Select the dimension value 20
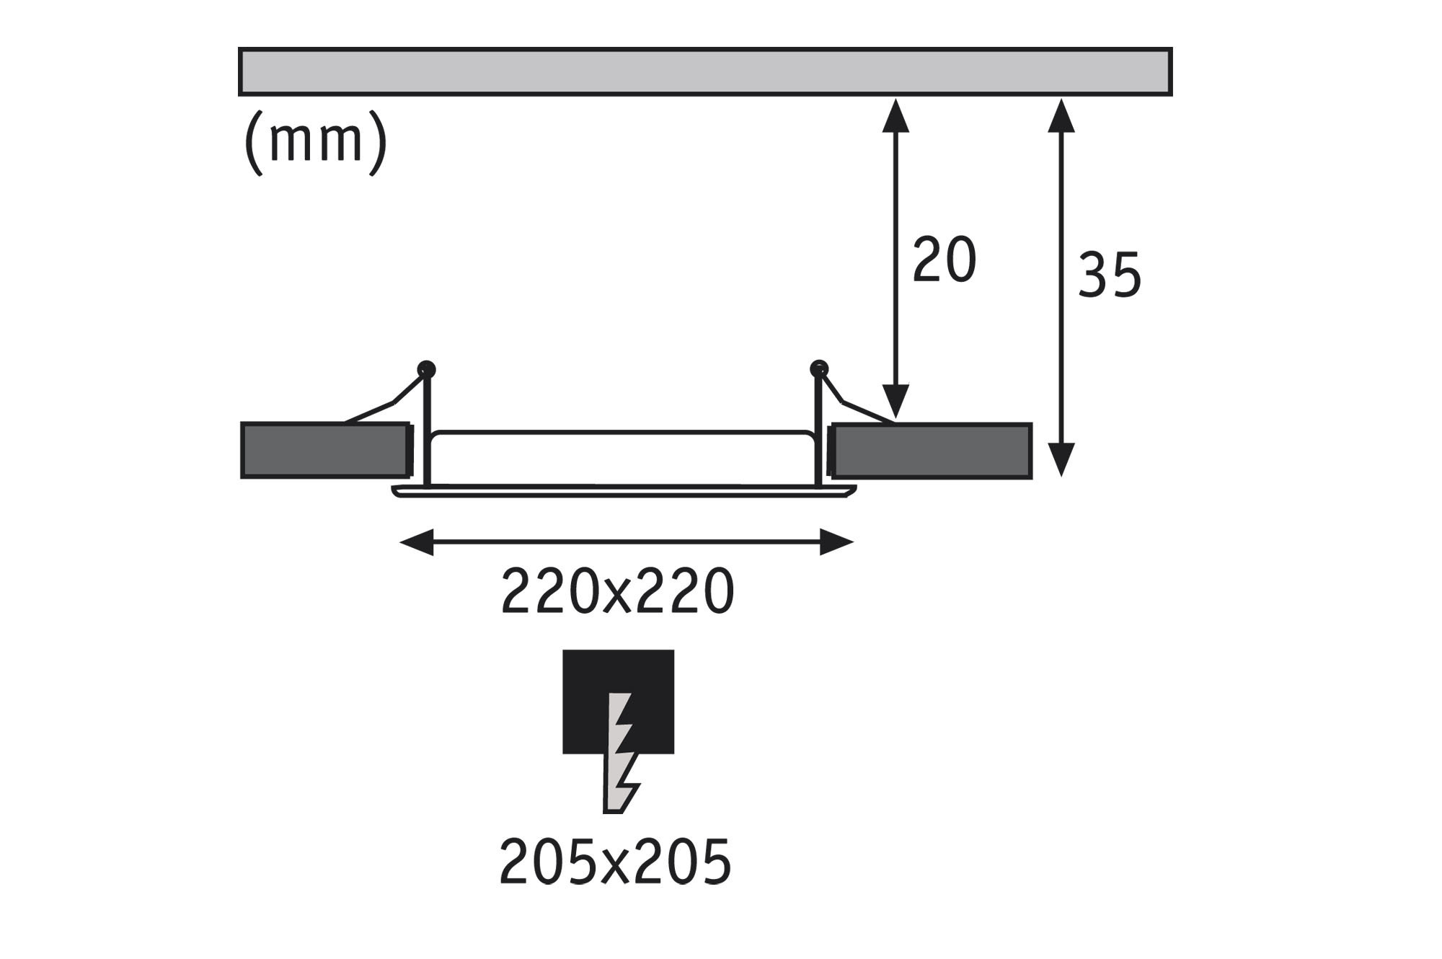tap(944, 259)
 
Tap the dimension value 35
tap(1110, 275)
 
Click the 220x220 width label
tap(617, 591)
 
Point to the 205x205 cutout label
tap(615, 862)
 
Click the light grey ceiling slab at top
tap(705, 71)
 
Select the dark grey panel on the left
tap(325, 451)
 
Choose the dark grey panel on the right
tap(931, 451)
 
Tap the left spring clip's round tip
tap(427, 370)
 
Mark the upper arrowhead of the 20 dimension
tap(895, 115)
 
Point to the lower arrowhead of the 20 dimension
tap(895, 402)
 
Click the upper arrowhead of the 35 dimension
tap(1061, 115)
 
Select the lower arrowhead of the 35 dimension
tap(1061, 459)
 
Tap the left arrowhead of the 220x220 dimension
tap(417, 542)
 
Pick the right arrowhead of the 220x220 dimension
tap(837, 542)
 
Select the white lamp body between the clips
tap(622, 459)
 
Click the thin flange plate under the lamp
tap(624, 492)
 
